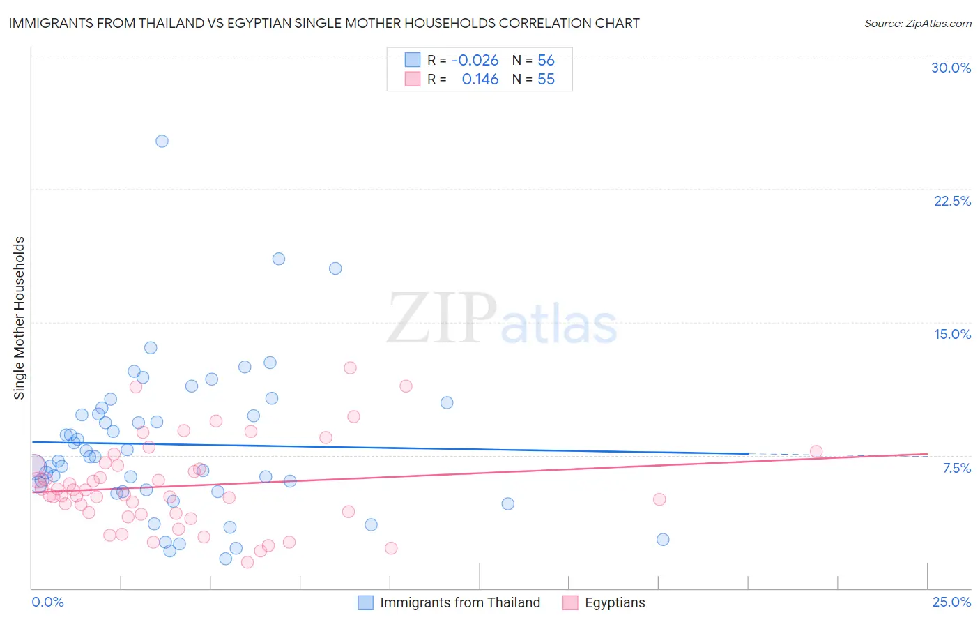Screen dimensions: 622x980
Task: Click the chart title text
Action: tap(324, 24)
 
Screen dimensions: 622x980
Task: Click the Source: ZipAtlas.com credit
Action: tap(917, 24)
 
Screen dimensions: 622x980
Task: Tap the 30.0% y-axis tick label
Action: tap(951, 68)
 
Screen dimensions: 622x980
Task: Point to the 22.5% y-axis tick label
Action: tap(952, 201)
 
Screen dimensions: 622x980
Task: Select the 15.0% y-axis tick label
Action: tap(952, 334)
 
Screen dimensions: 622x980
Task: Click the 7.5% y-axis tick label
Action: tap(956, 468)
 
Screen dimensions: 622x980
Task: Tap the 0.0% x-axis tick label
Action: tap(47, 602)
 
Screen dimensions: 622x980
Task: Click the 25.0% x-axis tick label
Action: tap(951, 602)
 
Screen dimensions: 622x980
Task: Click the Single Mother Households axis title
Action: tap(20, 318)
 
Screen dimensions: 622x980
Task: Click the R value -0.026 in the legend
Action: tap(475, 61)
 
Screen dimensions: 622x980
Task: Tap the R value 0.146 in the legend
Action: tap(480, 79)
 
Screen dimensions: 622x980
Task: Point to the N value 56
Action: tap(546, 61)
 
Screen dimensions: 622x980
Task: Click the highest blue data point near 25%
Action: tap(162, 141)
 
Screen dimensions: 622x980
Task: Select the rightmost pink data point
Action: tap(816, 451)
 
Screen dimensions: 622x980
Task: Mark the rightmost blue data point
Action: tap(663, 539)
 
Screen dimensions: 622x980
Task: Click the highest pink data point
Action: tap(350, 367)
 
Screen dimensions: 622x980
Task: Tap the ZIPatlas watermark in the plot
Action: tap(502, 319)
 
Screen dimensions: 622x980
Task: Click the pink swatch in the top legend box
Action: tap(413, 79)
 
